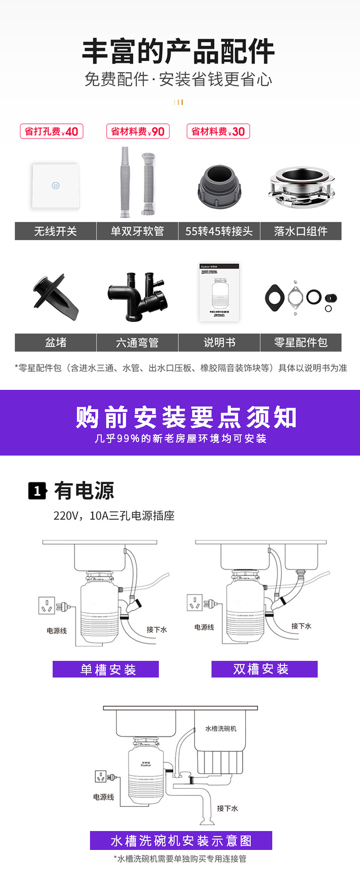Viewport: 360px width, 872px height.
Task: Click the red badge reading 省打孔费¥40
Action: (x=51, y=131)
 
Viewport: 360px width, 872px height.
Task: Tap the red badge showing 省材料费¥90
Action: (x=138, y=131)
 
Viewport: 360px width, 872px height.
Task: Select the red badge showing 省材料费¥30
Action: (x=218, y=131)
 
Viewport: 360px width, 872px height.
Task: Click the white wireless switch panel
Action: (x=55, y=185)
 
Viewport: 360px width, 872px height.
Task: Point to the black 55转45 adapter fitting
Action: (x=219, y=186)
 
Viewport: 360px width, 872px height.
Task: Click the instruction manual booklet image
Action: (x=219, y=293)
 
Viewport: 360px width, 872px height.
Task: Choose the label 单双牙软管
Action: (x=137, y=231)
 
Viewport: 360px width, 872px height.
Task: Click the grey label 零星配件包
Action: (x=301, y=343)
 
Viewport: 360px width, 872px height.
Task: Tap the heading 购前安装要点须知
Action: (x=186, y=417)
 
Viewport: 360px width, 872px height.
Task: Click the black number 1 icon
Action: (x=37, y=491)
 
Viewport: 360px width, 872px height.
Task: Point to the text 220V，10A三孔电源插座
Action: (x=114, y=516)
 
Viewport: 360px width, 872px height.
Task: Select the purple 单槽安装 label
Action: (x=106, y=669)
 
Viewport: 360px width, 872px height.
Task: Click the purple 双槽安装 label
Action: (x=265, y=669)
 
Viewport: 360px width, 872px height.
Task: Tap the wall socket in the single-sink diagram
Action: (x=46, y=605)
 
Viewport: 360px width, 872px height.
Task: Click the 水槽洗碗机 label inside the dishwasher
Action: (x=220, y=728)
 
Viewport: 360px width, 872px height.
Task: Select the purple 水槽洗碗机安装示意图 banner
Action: (x=181, y=840)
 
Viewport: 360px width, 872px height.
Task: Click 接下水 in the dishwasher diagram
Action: (x=227, y=809)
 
